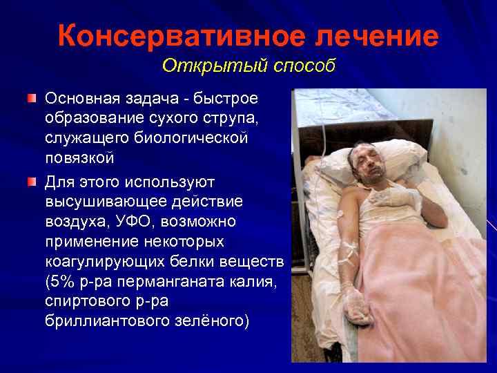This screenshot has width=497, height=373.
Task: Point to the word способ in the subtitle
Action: pyautogui.click(x=302, y=66)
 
